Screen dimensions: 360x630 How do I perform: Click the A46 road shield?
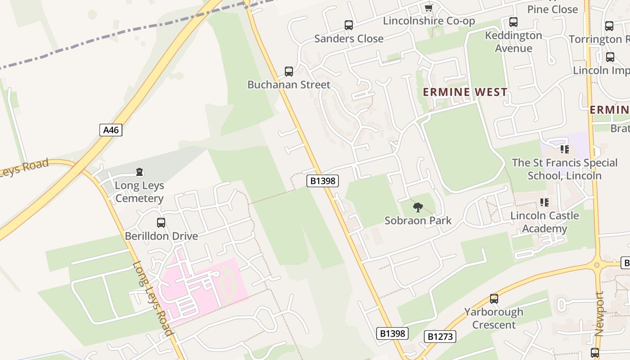(111, 130)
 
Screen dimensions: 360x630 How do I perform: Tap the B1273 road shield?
(440, 336)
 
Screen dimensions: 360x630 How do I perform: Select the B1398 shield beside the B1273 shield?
(392, 333)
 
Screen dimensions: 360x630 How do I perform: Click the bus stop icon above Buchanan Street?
(289, 72)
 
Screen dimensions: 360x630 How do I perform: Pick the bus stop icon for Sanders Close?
(349, 25)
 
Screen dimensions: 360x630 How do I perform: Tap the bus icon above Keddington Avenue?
(513, 22)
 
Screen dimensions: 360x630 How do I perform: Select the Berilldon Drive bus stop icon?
(161, 223)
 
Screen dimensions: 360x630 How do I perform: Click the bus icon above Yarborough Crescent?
(494, 299)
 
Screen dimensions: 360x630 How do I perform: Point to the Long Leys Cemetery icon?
(139, 172)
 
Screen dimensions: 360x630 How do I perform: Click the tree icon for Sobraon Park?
(418, 207)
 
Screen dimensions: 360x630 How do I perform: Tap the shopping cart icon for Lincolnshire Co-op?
(428, 8)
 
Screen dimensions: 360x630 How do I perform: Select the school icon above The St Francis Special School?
(564, 149)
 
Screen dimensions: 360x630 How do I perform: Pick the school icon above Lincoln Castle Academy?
(544, 202)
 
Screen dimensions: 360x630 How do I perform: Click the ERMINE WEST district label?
(465, 92)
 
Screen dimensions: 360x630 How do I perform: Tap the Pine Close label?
(552, 9)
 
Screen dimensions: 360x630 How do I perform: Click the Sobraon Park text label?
(418, 220)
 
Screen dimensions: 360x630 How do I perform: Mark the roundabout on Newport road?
(597, 265)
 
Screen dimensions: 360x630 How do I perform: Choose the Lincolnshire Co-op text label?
(429, 21)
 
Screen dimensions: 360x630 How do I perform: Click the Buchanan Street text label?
(289, 85)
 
